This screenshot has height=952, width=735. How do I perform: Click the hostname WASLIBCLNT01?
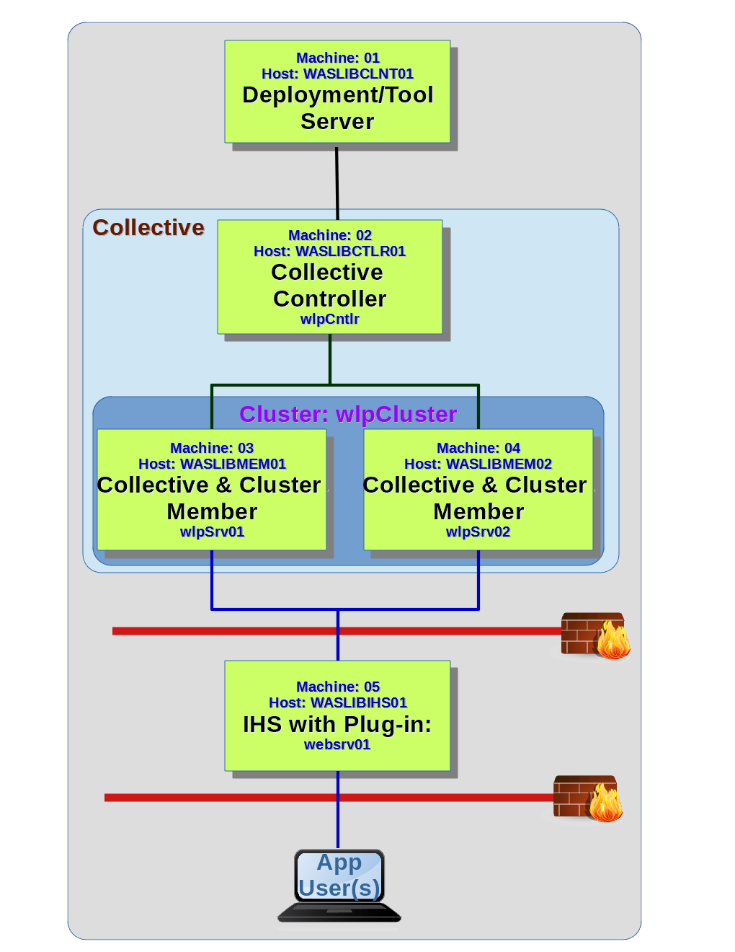click(x=358, y=74)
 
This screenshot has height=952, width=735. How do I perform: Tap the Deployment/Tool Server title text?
click(x=337, y=107)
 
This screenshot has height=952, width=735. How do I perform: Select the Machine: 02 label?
click(x=329, y=235)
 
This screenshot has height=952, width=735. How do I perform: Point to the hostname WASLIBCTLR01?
click(x=350, y=251)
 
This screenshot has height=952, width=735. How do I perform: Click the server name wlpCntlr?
click(x=329, y=319)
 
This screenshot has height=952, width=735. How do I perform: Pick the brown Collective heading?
click(x=148, y=227)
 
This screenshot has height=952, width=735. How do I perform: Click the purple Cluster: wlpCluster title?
click(x=348, y=414)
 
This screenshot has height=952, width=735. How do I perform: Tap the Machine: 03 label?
click(x=212, y=448)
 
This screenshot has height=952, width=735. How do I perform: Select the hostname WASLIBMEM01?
click(x=233, y=464)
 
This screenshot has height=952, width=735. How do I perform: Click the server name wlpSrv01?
click(x=212, y=532)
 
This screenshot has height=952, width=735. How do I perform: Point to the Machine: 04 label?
click(x=478, y=448)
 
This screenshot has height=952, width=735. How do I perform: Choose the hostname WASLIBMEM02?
click(x=499, y=464)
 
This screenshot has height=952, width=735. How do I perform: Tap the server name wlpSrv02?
click(x=478, y=532)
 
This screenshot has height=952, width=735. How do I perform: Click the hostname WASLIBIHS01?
click(x=359, y=702)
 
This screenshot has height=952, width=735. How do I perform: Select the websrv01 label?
click(x=337, y=744)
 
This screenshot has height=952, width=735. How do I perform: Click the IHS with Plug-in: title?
click(x=337, y=724)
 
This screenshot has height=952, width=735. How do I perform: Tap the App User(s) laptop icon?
click(x=339, y=885)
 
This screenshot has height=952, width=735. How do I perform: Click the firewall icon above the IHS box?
click(x=595, y=635)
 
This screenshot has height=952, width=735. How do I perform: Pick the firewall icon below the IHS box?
click(x=588, y=798)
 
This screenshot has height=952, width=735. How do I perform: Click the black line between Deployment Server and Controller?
click(x=337, y=184)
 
